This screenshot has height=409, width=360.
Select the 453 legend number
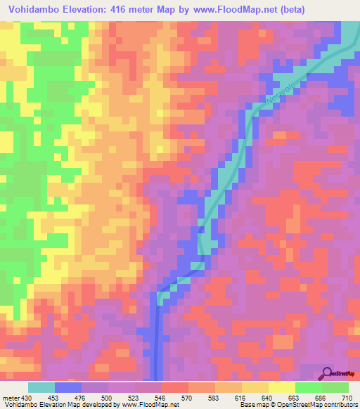(x=55, y=398)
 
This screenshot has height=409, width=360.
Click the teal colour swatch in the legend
(x=41, y=387)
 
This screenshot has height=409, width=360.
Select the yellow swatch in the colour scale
(x=282, y=387)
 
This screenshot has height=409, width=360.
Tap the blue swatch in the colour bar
(x=68, y=387)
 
